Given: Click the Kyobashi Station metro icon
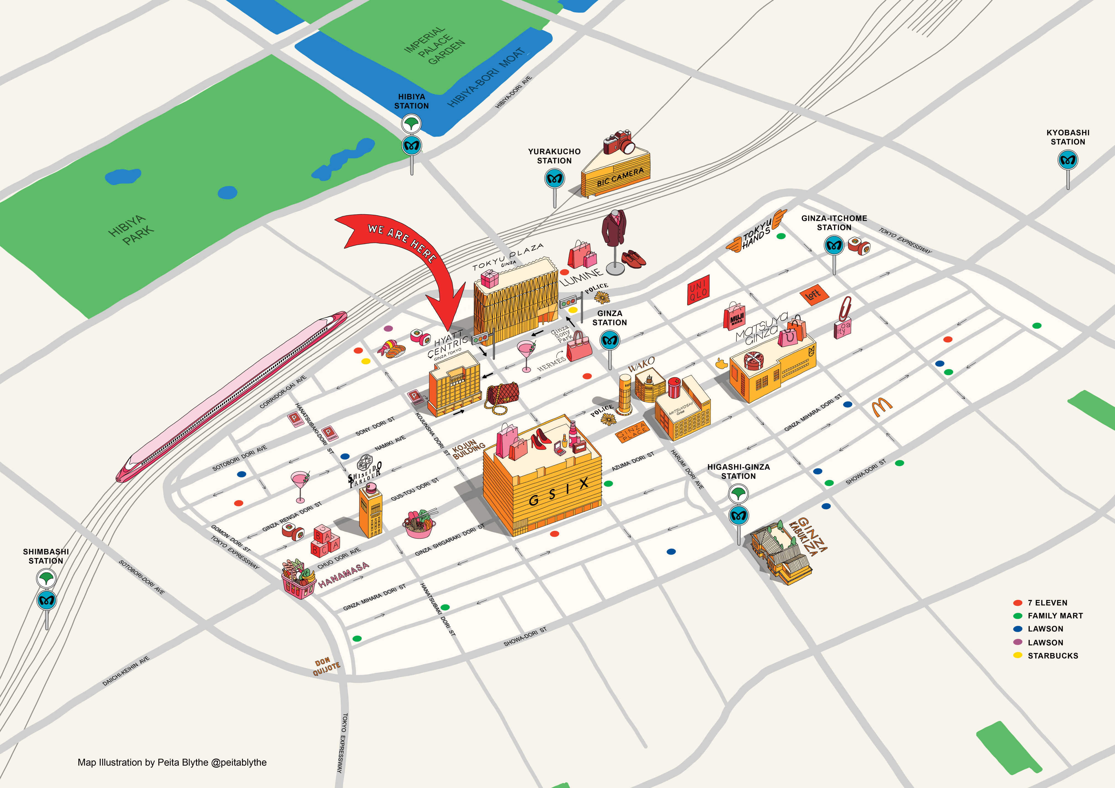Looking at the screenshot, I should point(1068,160).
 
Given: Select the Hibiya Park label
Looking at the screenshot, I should point(131,230).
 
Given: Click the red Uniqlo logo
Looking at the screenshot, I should point(698,290).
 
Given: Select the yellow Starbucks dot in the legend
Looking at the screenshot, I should point(1017,655).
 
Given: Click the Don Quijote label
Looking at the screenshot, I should point(326,667).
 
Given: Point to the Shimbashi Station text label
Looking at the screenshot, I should point(46,556).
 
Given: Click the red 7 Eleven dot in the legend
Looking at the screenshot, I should point(1017,602).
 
